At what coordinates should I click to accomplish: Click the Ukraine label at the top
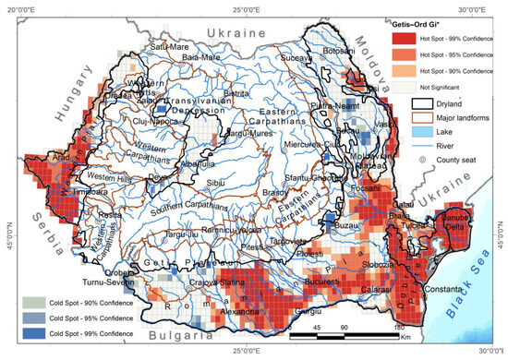tap(239, 32)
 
